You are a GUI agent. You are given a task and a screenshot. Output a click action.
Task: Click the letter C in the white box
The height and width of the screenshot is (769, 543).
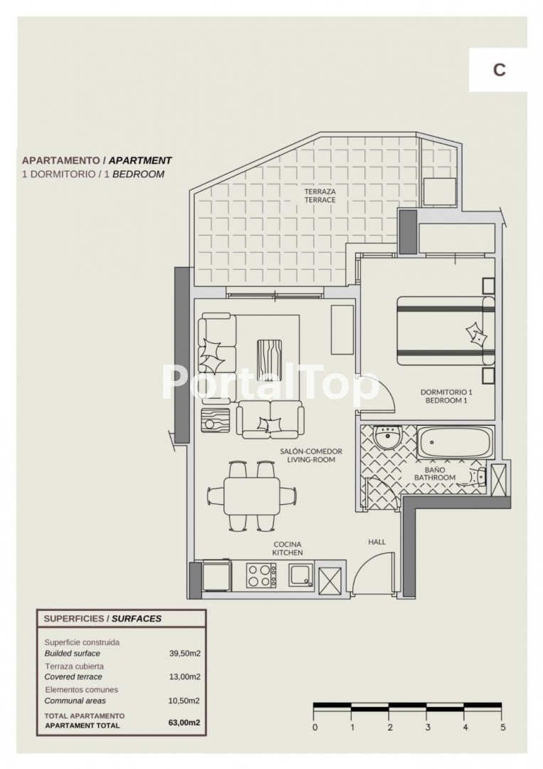click(499, 70)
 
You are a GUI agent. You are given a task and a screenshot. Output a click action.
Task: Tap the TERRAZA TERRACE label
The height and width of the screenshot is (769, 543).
click(320, 196)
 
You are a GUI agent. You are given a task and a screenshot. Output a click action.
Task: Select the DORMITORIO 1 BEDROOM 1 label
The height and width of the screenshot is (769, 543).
click(446, 397)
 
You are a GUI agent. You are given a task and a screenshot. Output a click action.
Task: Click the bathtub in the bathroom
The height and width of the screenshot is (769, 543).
click(455, 442)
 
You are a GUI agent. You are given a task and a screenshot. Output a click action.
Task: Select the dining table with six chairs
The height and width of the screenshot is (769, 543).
click(252, 496)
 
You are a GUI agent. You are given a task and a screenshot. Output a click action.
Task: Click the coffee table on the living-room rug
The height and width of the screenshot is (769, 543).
click(269, 354)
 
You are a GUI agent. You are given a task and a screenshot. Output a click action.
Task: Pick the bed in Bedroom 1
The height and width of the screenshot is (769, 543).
click(446, 330)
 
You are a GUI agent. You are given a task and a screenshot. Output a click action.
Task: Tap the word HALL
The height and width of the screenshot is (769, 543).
click(377, 542)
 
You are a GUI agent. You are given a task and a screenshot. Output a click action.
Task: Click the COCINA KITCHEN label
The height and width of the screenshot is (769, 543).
click(288, 548)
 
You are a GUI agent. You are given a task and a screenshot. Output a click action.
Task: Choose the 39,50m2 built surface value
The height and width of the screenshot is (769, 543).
click(185, 653)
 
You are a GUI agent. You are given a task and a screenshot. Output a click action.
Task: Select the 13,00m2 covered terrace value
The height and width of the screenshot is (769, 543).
click(185, 677)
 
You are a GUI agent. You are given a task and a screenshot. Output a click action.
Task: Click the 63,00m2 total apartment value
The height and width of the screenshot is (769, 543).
click(184, 723)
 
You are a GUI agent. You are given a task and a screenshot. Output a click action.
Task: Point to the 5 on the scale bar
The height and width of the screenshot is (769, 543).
click(503, 727)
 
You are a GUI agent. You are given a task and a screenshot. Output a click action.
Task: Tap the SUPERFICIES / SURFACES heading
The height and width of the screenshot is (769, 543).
click(102, 619)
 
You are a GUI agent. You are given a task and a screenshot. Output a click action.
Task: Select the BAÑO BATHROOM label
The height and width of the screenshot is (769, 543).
click(435, 474)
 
